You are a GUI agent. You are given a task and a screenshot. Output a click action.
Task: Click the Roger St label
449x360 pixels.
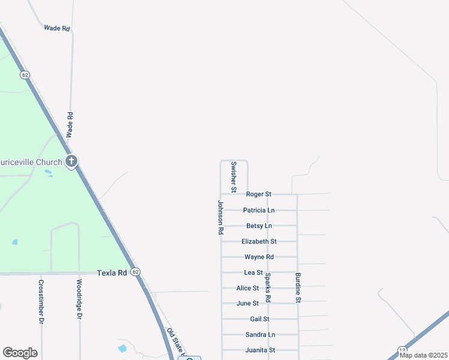point(259,194)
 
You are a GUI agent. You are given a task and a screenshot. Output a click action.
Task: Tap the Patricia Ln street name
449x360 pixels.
point(259,211)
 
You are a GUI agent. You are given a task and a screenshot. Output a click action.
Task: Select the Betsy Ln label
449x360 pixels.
point(259,226)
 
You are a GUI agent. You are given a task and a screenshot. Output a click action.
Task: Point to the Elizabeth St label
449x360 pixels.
point(259,242)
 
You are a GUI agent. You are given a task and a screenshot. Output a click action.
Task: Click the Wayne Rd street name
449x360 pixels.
point(259,257)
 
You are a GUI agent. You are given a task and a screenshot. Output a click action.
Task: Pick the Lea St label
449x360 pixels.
point(253,273)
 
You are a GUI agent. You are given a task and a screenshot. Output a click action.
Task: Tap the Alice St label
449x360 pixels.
point(247,289)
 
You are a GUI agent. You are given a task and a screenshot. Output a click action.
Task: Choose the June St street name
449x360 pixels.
point(247,304)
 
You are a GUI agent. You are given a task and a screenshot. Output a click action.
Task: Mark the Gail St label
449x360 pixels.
point(259,319)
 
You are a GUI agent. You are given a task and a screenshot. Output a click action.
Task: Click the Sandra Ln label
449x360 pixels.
point(260,335)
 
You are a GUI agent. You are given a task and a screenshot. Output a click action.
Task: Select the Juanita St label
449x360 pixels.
point(260,350)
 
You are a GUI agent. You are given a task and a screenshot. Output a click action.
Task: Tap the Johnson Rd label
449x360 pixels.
point(220,217)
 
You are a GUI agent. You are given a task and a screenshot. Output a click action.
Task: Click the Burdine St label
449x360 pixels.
point(298,287)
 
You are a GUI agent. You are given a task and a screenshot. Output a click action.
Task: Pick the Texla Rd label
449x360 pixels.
point(112,273)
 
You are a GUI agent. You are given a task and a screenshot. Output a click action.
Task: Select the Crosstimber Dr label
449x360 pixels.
point(41,302)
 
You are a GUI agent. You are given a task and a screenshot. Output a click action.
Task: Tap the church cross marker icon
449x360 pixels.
point(71,161)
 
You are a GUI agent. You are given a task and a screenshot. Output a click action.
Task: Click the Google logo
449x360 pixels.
point(20,353)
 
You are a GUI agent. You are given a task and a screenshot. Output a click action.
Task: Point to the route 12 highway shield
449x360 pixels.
point(402,350)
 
